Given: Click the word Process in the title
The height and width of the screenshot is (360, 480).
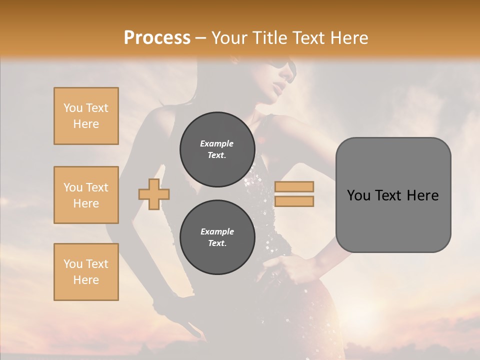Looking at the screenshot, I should click(157, 38).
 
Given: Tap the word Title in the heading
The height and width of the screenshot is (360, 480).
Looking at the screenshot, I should click(267, 38).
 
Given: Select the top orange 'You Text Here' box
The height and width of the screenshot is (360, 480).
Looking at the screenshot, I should click(86, 116).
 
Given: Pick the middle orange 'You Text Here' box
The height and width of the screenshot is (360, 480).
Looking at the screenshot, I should click(86, 195).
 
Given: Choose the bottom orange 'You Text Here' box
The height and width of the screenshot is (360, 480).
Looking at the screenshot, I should click(86, 272).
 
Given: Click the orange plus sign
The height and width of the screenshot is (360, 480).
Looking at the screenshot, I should click(154, 194).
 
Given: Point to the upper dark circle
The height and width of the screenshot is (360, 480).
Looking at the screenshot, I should click(217, 149).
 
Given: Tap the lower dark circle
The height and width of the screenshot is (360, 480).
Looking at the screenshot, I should click(217, 237).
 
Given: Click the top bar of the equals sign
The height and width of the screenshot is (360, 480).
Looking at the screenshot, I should click(294, 186).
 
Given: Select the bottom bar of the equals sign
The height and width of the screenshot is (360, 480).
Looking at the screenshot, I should click(294, 201).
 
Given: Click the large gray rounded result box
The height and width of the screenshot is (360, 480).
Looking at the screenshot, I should click(393, 195).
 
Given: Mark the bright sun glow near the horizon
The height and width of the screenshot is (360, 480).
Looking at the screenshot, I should click(370, 312).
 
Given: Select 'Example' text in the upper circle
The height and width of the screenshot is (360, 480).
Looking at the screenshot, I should click(217, 143).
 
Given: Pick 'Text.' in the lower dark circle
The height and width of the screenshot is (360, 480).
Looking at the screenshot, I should click(217, 243).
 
